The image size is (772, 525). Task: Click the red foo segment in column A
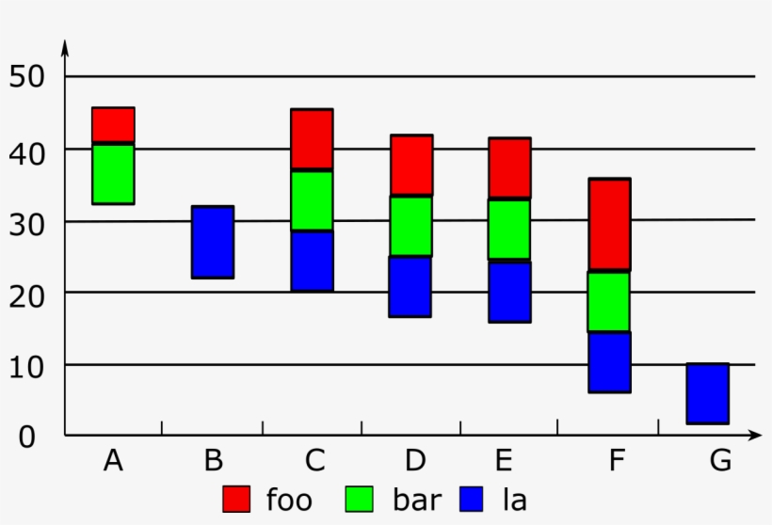(113, 125)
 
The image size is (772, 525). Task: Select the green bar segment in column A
(113, 173)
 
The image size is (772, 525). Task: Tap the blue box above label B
(213, 242)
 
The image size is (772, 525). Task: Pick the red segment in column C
(312, 139)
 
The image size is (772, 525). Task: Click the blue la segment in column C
(312, 261)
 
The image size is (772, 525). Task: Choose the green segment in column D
(411, 226)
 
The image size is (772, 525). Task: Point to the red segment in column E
(509, 167)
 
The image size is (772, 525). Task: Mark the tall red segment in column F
(609, 224)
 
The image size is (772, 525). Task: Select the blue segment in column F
(609, 362)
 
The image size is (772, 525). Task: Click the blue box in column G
(707, 393)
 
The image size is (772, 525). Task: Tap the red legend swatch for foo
(236, 499)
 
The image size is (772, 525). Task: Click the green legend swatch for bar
(360, 499)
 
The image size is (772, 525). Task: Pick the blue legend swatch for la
(474, 499)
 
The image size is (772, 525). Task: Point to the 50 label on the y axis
(27, 77)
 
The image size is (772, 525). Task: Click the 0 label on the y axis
(27, 437)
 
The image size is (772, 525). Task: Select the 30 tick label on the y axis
(27, 221)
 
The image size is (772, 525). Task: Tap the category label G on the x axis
(720, 461)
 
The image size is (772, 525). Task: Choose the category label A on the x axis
(113, 461)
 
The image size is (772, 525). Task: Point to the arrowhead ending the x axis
(755, 436)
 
